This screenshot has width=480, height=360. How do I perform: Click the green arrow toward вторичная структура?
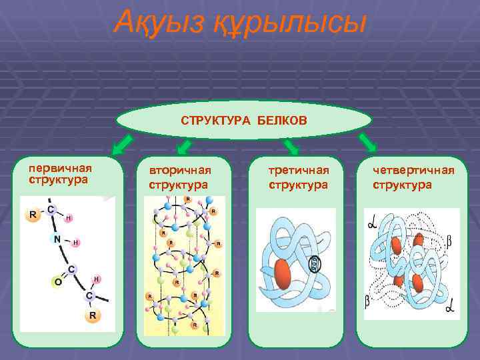(184, 146)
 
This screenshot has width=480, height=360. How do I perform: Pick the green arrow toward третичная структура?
(291, 146)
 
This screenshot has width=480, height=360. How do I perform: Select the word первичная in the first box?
(59, 168)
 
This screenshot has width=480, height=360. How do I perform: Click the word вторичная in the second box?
(179, 171)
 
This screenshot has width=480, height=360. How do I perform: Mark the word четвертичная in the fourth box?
(413, 171)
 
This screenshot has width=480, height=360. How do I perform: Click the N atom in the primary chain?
(58, 238)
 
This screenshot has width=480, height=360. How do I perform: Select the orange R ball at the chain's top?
(31, 215)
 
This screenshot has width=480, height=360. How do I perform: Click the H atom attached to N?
(75, 242)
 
